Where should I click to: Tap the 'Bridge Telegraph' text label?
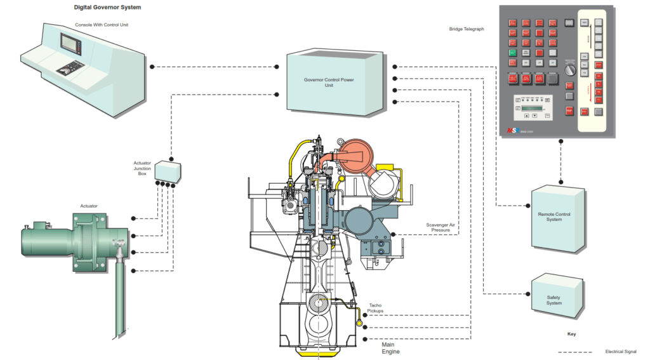click(x=467, y=29)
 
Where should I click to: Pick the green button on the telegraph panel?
click(x=512, y=53)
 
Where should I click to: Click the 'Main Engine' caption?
click(x=390, y=348)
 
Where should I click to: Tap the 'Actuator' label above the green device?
click(x=89, y=206)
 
